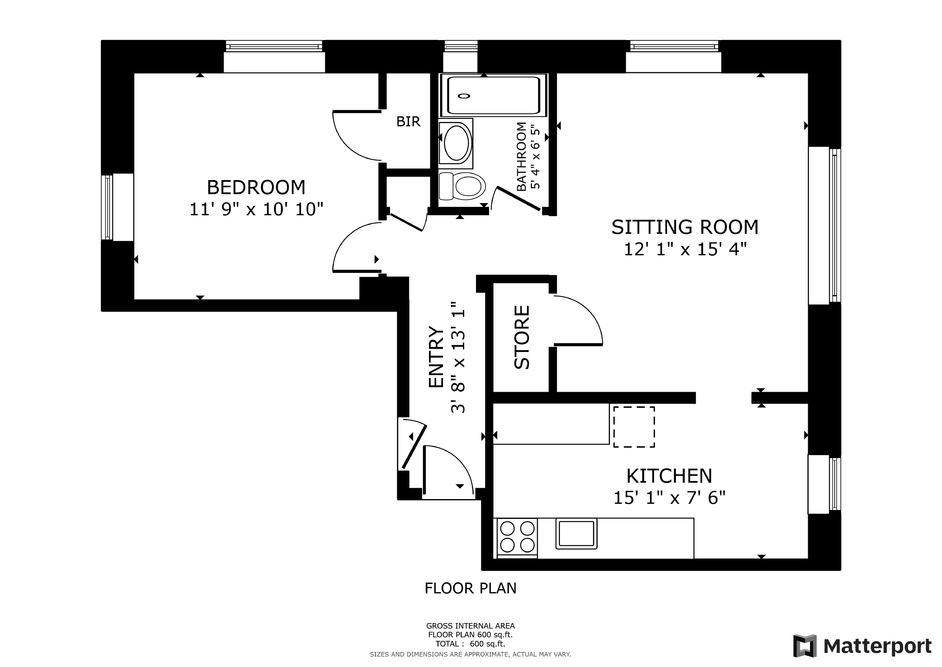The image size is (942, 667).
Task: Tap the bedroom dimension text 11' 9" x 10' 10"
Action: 256,209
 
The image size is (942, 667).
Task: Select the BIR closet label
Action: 408,122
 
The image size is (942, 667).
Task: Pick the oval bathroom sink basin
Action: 456,143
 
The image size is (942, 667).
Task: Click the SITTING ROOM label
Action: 685,227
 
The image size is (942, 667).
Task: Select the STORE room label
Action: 522,337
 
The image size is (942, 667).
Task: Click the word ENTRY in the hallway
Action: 436,357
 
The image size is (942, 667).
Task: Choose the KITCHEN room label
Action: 669,476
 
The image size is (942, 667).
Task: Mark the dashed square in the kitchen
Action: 634,427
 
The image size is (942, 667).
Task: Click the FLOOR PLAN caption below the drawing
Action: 471,589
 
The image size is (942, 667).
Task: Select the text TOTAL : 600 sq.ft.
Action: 470,644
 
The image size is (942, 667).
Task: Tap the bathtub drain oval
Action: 464,96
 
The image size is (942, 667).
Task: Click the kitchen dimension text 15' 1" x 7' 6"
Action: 669,498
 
